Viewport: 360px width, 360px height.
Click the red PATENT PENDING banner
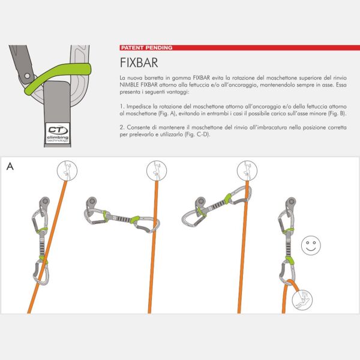point(146,47)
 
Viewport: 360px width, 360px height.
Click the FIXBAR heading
point(139,64)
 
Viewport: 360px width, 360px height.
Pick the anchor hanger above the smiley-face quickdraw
point(290,203)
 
